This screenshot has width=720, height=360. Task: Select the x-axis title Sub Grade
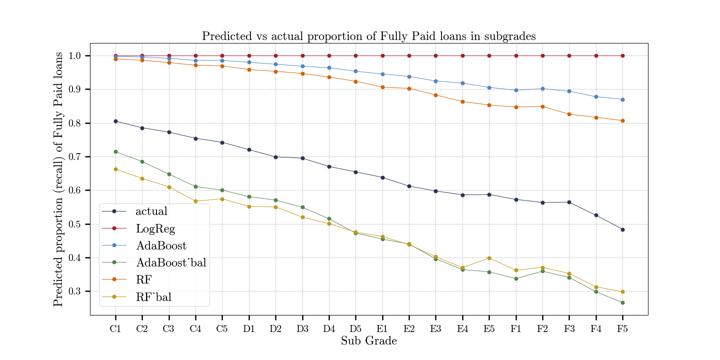pos(369,341)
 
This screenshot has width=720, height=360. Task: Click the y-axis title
pos(59,178)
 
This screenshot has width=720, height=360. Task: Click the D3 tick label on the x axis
pos(302,329)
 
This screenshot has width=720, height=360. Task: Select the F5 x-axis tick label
pos(622,329)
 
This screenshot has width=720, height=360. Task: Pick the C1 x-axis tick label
pos(115,329)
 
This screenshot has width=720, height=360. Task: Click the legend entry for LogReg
pos(155,228)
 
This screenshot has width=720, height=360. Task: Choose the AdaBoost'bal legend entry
pos(170,263)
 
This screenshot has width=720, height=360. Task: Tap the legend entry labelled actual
pos(151,211)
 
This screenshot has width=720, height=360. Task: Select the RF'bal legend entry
pos(153,297)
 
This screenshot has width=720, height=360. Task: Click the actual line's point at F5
pos(622,229)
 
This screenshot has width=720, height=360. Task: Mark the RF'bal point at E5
pos(489,258)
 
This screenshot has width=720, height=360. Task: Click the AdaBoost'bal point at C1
pos(115,151)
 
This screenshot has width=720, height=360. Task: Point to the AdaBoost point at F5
pos(622,99)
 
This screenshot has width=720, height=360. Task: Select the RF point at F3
pos(569,114)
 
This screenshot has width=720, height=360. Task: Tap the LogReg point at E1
pos(382,55)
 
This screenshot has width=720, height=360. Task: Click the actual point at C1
pos(115,121)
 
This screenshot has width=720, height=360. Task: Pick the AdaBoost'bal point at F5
pos(622,302)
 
